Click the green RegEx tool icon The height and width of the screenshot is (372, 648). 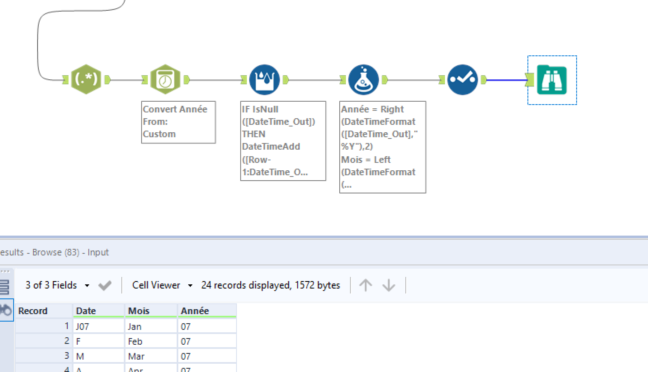pyautogui.click(x=86, y=79)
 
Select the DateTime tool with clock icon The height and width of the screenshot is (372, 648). pyautogui.click(x=165, y=79)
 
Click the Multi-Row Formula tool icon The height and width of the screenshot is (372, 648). pyautogui.click(x=265, y=79)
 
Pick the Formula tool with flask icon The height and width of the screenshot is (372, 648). pyautogui.click(x=364, y=79)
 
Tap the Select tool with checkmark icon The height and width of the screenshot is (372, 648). pyautogui.click(x=462, y=79)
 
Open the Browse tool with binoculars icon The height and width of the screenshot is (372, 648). pyautogui.click(x=552, y=80)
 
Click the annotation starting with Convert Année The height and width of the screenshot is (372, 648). pyautogui.click(x=178, y=122)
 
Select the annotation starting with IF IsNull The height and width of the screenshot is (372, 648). pyautogui.click(x=283, y=141)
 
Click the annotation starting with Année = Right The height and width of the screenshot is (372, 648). pyautogui.click(x=382, y=147)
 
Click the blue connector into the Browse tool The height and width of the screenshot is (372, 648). pyautogui.click(x=507, y=80)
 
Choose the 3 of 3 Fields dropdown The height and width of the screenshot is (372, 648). pyautogui.click(x=57, y=285)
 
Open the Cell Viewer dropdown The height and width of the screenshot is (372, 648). pyautogui.click(x=162, y=285)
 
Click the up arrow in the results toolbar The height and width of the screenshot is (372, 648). pyautogui.click(x=366, y=285)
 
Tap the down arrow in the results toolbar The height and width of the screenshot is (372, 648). pyautogui.click(x=389, y=285)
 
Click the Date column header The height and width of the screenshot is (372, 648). pyautogui.click(x=98, y=311)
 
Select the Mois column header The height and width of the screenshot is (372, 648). pyautogui.click(x=150, y=311)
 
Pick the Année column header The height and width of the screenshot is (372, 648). pyautogui.click(x=206, y=311)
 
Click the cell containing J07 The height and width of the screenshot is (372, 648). pyautogui.click(x=98, y=327)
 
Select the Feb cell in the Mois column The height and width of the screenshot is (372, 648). pyautogui.click(x=150, y=341)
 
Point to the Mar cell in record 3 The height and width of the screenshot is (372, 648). pyautogui.click(x=150, y=356)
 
